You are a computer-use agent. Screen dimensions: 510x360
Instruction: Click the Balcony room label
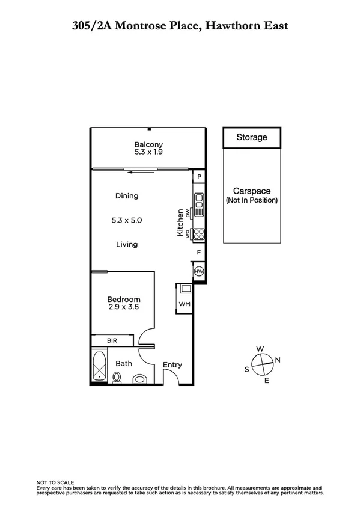[x=148, y=144]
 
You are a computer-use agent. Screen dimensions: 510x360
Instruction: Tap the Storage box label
[x=251, y=137]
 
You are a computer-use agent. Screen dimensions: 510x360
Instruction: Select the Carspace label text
[x=251, y=191]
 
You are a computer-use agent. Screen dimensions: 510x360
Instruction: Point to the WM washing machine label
[x=184, y=304]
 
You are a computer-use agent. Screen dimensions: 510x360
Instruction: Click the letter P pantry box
[x=199, y=177]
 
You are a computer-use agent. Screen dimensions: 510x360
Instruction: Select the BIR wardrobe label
[x=112, y=341]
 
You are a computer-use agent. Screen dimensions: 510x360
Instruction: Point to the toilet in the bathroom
[x=118, y=377]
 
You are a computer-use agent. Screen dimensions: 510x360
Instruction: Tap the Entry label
[x=172, y=365]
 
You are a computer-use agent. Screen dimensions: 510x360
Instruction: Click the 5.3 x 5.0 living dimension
[x=127, y=220]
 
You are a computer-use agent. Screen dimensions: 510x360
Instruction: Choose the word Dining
[x=127, y=195]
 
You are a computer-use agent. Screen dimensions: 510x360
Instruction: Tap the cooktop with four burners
[x=199, y=235]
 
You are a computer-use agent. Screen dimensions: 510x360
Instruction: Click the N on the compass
[x=277, y=360]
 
